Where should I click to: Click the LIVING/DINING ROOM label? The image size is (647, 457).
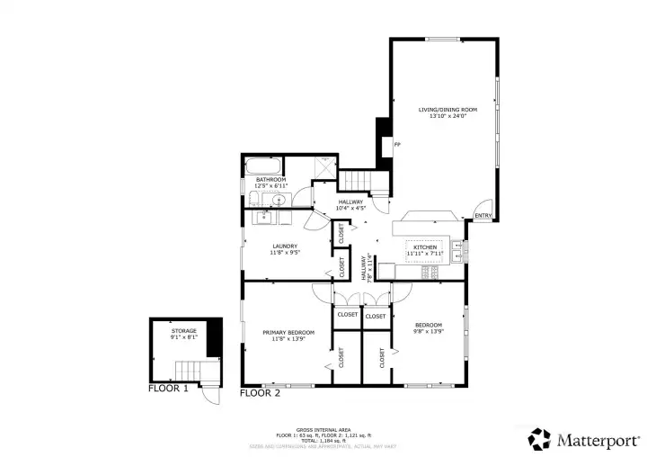(447, 110)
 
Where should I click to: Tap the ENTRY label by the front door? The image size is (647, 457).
(483, 216)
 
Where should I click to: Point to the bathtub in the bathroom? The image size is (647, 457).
(262, 166)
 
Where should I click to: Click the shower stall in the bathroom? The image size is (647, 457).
(323, 166)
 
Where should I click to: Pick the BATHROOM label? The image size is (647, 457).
(270, 179)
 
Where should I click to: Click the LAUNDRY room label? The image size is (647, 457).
(284, 246)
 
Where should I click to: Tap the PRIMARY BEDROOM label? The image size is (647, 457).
(288, 333)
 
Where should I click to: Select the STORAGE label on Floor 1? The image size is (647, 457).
(183, 331)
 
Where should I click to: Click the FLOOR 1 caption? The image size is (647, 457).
(168, 390)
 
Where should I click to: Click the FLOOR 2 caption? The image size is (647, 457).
(261, 393)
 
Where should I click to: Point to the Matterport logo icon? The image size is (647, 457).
(538, 439)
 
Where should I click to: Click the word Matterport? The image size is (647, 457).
(598, 440)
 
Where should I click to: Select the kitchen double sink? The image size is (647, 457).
(457, 252)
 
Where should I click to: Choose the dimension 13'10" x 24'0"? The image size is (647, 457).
(447, 116)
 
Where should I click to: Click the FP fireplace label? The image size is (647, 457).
(397, 144)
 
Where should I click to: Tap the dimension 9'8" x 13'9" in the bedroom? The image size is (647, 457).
(428, 331)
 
